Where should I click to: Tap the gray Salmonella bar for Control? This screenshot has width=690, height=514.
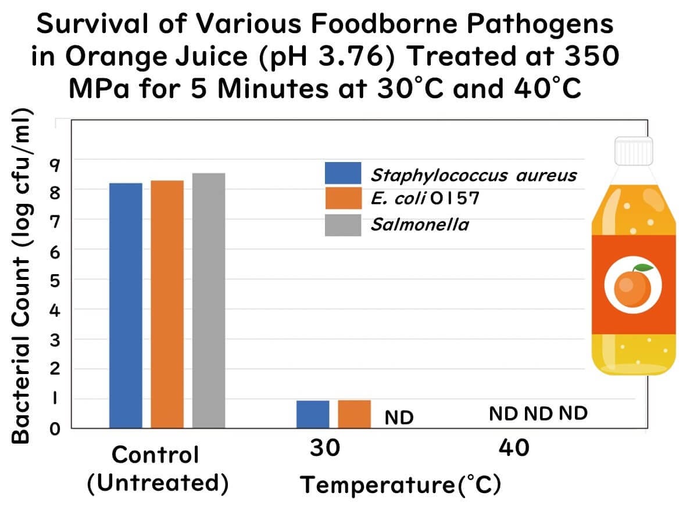[209, 300]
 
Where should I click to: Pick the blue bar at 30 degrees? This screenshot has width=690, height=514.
[313, 414]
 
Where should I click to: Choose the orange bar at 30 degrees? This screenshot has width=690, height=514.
[355, 414]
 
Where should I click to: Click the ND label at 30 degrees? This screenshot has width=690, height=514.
[399, 418]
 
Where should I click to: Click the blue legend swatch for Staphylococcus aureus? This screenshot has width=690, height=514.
[343, 173]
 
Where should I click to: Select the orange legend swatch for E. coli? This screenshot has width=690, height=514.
[343, 199]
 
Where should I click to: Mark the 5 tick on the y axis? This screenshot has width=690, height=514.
[55, 280]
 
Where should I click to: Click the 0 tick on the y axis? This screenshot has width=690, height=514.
[55, 429]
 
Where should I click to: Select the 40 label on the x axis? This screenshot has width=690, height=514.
[514, 448]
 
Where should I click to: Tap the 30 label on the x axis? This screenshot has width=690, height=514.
[325, 448]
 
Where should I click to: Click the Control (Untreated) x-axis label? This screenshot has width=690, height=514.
[156, 468]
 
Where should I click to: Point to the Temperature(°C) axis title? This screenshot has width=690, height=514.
[401, 484]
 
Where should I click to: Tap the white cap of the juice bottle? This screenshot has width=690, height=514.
[634, 150]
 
